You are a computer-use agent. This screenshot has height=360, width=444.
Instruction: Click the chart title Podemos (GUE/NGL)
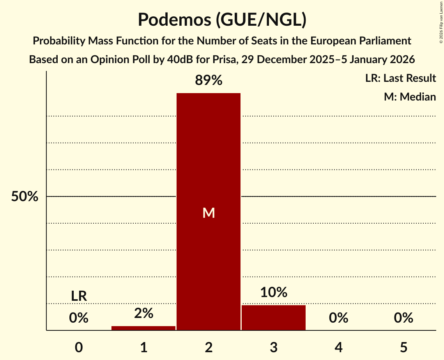coord(222,20)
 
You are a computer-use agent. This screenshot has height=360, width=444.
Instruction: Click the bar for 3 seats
coord(274,318)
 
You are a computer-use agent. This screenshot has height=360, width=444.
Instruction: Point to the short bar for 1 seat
coord(143,328)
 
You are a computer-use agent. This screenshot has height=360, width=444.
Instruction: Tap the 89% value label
coord(209,81)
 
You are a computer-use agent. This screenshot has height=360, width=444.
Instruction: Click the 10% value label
coord(274,292)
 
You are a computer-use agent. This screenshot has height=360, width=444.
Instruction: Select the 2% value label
coord(143,313)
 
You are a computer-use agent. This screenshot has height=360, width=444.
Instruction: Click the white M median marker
coord(209,213)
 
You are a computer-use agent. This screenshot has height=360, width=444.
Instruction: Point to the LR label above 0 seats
coord(79,296)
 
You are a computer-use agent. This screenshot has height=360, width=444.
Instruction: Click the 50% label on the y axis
coord(25,197)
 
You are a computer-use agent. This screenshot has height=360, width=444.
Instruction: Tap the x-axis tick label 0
coord(79,347)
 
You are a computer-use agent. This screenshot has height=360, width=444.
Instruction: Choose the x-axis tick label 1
coord(143,347)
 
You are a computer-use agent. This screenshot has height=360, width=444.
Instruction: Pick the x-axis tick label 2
coord(209,347)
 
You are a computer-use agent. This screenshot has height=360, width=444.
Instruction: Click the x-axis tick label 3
coord(274,347)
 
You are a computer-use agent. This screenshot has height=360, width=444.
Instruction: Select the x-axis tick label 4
coord(338,347)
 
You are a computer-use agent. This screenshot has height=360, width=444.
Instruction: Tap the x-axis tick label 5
coord(403,347)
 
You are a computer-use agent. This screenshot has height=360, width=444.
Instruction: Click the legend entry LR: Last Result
coord(400,78)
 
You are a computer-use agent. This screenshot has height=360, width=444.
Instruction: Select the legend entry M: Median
coord(410,97)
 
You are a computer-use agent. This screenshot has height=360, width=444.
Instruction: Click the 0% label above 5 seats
coord(403,318)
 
